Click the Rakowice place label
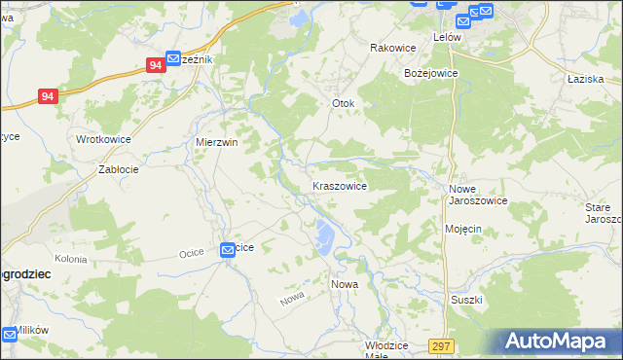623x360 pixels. click(x=393, y=48)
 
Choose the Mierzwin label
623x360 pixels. click(x=217, y=142)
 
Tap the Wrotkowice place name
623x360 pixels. click(x=103, y=139)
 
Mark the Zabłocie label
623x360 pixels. click(x=119, y=169)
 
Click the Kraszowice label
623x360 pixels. click(x=339, y=185)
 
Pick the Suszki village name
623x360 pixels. click(x=466, y=300)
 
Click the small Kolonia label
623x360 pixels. click(x=71, y=259)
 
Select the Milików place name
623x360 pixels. click(x=32, y=331)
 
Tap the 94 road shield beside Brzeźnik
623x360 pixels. click(x=155, y=65)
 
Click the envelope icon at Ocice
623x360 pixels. click(x=227, y=249)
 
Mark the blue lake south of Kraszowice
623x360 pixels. click(x=323, y=233)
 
